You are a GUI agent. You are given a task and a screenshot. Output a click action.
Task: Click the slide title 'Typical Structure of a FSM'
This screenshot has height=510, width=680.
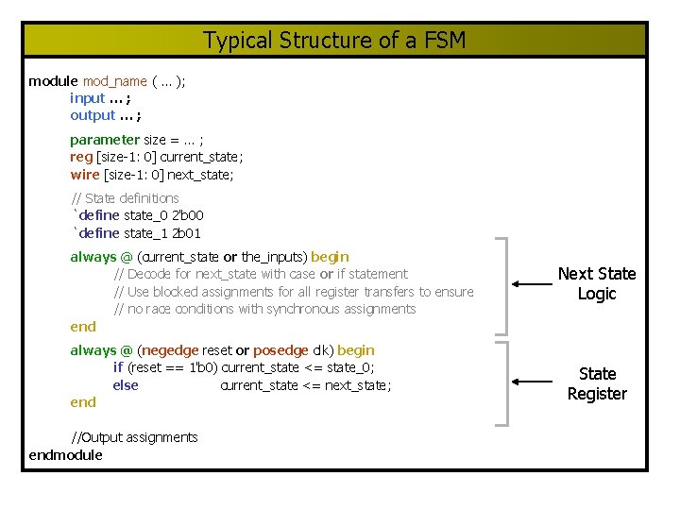tap(334, 41)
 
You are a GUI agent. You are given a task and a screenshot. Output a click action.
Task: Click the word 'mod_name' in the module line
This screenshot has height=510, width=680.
tap(115, 81)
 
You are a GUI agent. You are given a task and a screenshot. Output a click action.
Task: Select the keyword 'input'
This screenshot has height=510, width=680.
tap(88, 98)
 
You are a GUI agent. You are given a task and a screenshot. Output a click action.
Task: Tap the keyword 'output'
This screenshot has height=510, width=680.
tap(93, 115)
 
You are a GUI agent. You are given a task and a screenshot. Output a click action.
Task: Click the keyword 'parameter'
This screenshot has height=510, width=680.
tap(105, 140)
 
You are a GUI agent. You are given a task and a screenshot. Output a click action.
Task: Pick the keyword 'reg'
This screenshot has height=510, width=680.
tap(81, 157)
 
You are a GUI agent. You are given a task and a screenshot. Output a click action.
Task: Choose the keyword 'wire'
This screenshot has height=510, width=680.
tap(84, 174)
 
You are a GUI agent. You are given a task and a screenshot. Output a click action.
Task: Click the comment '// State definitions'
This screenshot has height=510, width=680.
tap(126, 198)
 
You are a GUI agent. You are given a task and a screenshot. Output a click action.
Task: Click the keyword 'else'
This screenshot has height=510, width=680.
tap(126, 384)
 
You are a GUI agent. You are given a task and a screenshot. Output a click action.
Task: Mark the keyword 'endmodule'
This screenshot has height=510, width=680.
tap(66, 454)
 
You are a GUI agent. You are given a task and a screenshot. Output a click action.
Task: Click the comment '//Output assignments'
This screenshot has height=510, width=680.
tap(135, 437)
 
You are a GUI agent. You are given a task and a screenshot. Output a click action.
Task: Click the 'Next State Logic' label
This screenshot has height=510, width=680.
tap(597, 283)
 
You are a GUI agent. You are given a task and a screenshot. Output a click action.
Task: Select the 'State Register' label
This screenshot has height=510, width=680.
tap(597, 383)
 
